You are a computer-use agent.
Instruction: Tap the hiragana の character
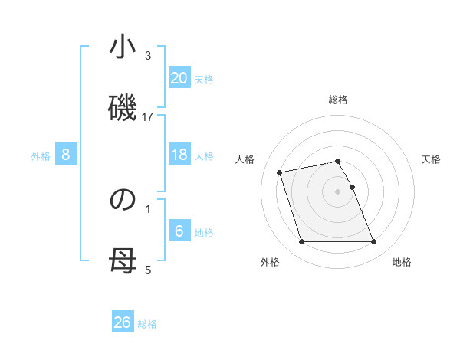[123, 199]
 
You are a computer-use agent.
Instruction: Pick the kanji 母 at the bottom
[123, 262]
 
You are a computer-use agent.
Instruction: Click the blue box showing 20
[179, 78]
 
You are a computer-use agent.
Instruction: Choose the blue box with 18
[179, 155]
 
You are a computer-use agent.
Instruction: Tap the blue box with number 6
[179, 231]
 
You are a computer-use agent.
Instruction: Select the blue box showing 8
[66, 155]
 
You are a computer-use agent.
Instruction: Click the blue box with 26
[123, 322]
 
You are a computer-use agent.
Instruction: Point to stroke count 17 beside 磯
[148, 116]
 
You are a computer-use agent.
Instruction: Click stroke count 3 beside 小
[148, 56]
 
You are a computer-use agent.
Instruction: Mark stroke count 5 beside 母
[148, 270]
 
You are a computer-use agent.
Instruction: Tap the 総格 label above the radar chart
[338, 100]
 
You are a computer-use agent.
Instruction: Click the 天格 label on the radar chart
[431, 159]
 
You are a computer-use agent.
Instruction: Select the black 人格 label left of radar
[245, 159]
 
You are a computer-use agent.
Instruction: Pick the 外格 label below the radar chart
[270, 263]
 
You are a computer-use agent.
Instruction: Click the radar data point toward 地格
[373, 242]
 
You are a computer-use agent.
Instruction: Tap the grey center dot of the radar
[338, 191]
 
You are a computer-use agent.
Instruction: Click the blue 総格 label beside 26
[148, 324]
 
